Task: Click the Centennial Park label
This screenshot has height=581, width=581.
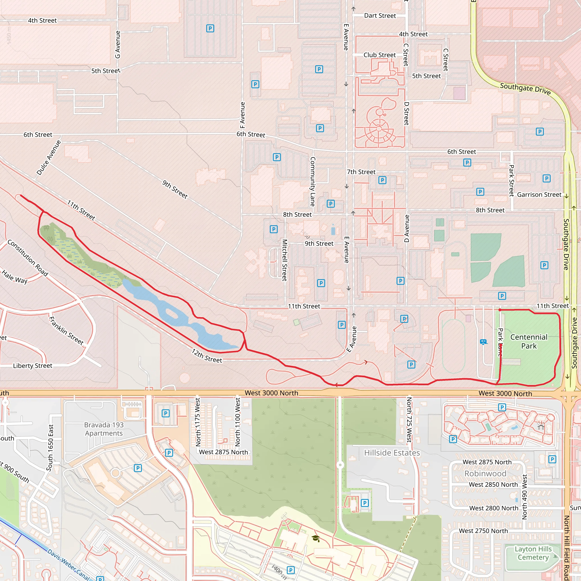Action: [529, 341]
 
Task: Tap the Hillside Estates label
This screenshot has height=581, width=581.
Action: [392, 453]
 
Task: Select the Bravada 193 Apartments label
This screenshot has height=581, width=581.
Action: [104, 429]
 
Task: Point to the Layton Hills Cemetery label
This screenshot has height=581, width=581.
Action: [533, 553]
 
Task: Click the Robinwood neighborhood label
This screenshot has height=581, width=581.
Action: [485, 474]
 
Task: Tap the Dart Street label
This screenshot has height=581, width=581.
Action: [380, 16]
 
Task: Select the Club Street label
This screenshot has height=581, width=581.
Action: [380, 55]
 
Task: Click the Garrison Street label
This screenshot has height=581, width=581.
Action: [539, 195]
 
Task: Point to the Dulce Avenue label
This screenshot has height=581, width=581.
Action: [49, 157]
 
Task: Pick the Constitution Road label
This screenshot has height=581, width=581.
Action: [28, 258]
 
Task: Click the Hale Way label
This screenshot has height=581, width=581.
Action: [14, 277]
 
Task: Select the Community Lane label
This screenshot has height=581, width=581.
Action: [312, 182]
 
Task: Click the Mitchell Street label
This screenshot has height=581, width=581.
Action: [285, 260]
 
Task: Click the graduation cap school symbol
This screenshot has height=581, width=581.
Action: [315, 538]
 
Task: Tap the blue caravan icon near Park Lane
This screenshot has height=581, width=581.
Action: [483, 342]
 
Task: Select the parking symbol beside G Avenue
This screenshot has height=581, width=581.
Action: [210, 29]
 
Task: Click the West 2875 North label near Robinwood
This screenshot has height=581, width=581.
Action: [487, 462]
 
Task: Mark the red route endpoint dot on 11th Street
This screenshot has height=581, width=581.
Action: [500, 310]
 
